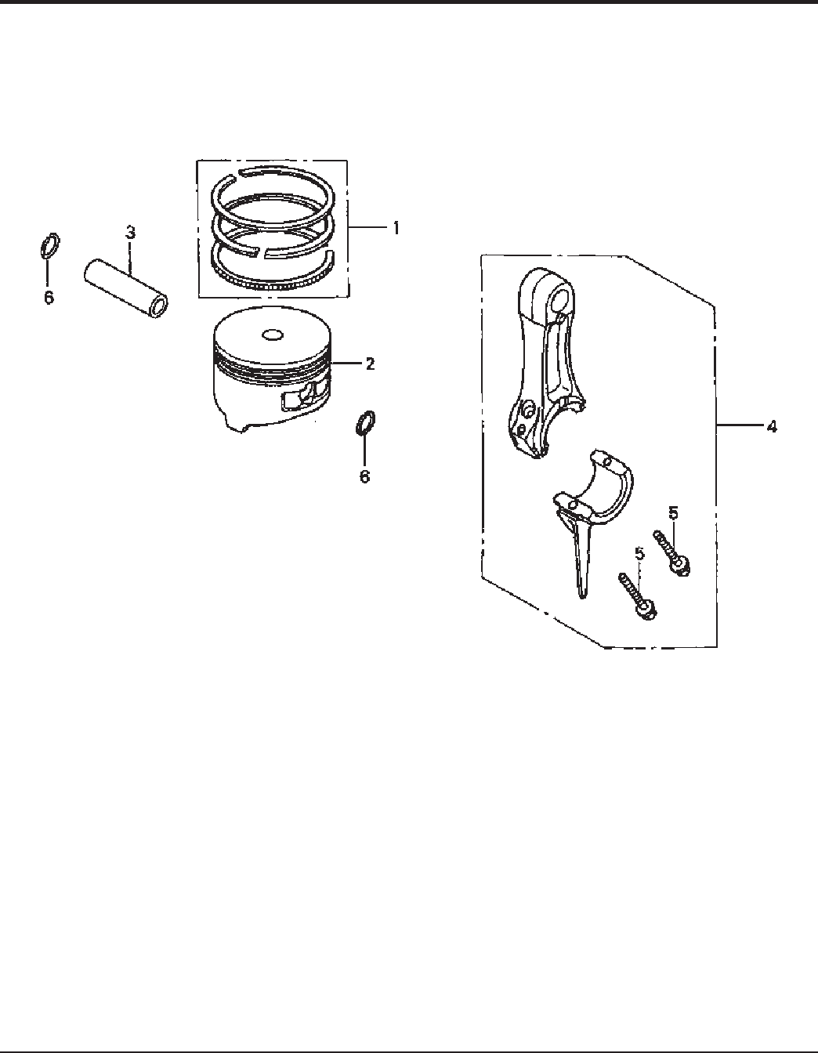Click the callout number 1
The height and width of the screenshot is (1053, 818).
tap(396, 228)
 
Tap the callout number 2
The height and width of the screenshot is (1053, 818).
tap(370, 364)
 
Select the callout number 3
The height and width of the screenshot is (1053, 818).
tap(130, 233)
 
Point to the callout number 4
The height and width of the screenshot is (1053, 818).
tap(772, 427)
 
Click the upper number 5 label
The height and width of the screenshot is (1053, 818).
tap(673, 513)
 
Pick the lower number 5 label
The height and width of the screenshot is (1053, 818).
tap(639, 554)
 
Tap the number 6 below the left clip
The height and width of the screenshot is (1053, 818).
tap(49, 299)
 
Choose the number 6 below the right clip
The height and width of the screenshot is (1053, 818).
tap(364, 476)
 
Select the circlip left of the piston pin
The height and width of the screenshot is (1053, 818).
tap(49, 247)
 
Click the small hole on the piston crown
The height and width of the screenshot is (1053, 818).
tap(273, 335)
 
